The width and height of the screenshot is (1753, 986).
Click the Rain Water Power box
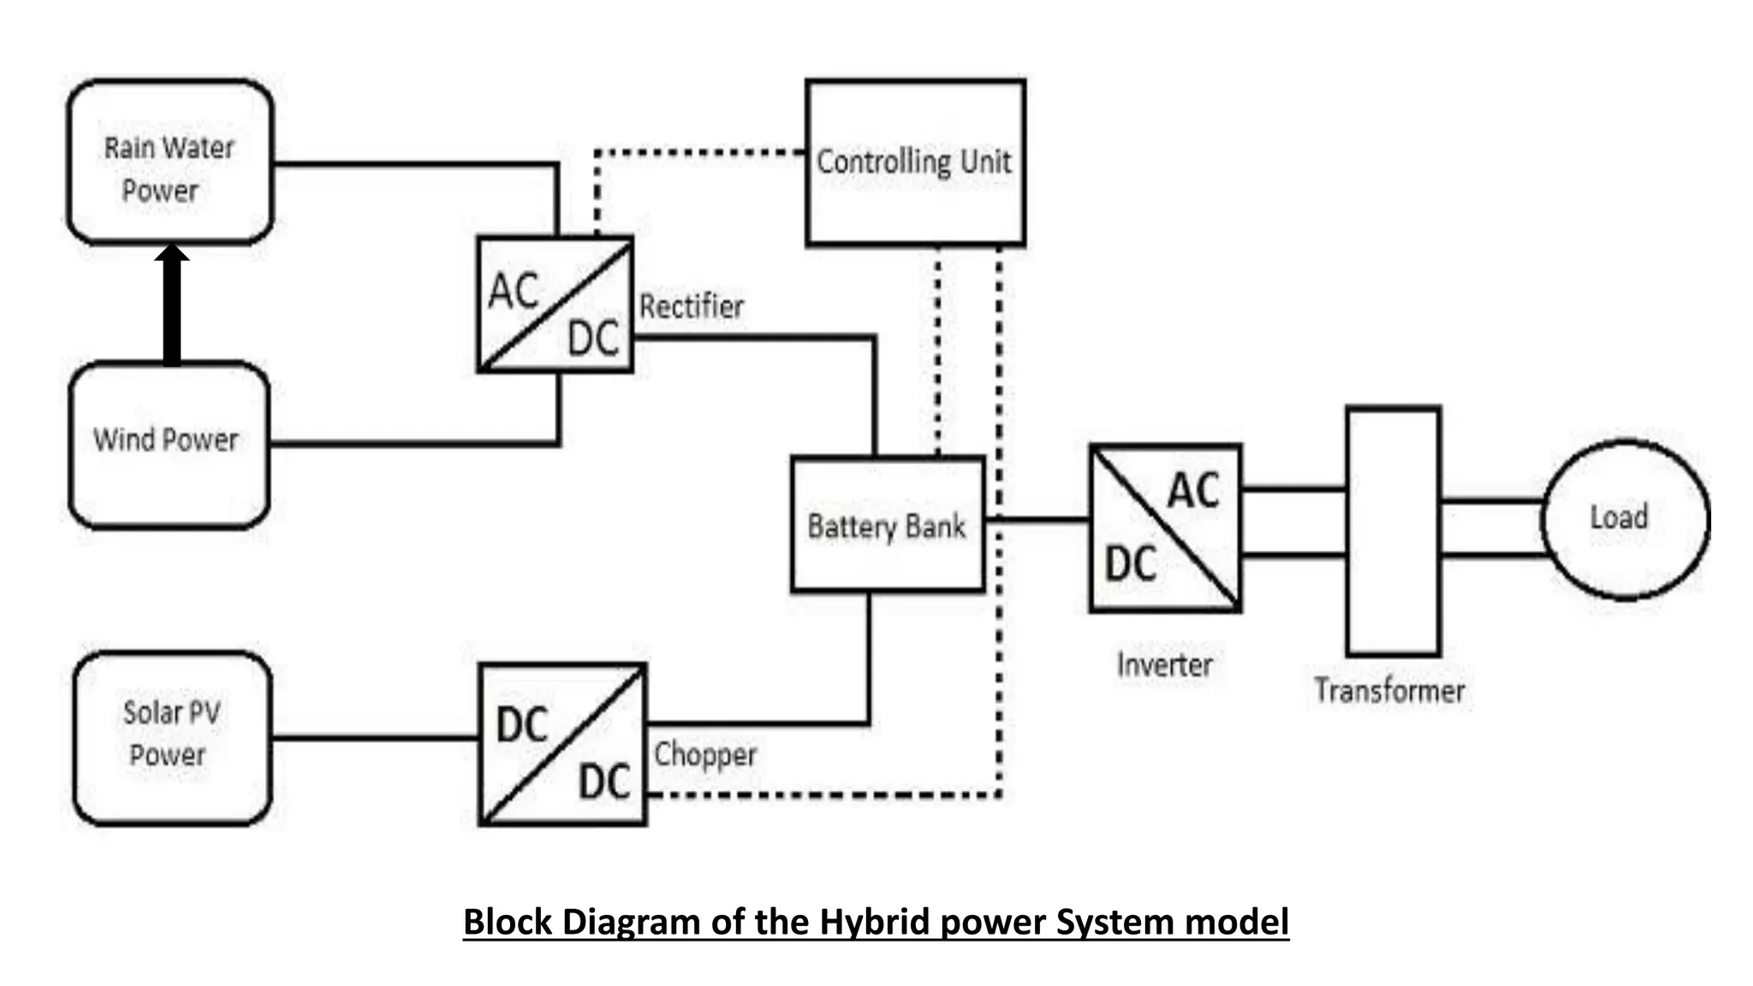tap(169, 163)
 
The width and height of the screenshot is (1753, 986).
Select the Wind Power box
tap(169, 443)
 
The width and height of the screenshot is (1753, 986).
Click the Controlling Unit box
tap(914, 163)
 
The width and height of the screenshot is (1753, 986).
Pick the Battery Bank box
tap(887, 525)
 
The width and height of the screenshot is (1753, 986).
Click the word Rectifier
tap(692, 306)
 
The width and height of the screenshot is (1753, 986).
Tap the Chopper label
tap(705, 755)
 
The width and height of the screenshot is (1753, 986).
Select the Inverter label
tap(1164, 665)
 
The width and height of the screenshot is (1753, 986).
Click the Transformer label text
tap(1389, 691)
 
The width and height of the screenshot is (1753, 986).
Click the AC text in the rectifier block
tap(514, 291)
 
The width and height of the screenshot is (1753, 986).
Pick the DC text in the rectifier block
tap(592, 339)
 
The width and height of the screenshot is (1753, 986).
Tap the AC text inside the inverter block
tap(1193, 491)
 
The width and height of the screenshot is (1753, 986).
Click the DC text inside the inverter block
tap(1130, 565)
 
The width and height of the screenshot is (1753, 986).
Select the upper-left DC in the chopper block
tap(521, 726)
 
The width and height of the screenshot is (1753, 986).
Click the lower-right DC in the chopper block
tap(604, 782)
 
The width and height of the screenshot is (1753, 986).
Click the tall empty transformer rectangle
tap(1393, 531)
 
